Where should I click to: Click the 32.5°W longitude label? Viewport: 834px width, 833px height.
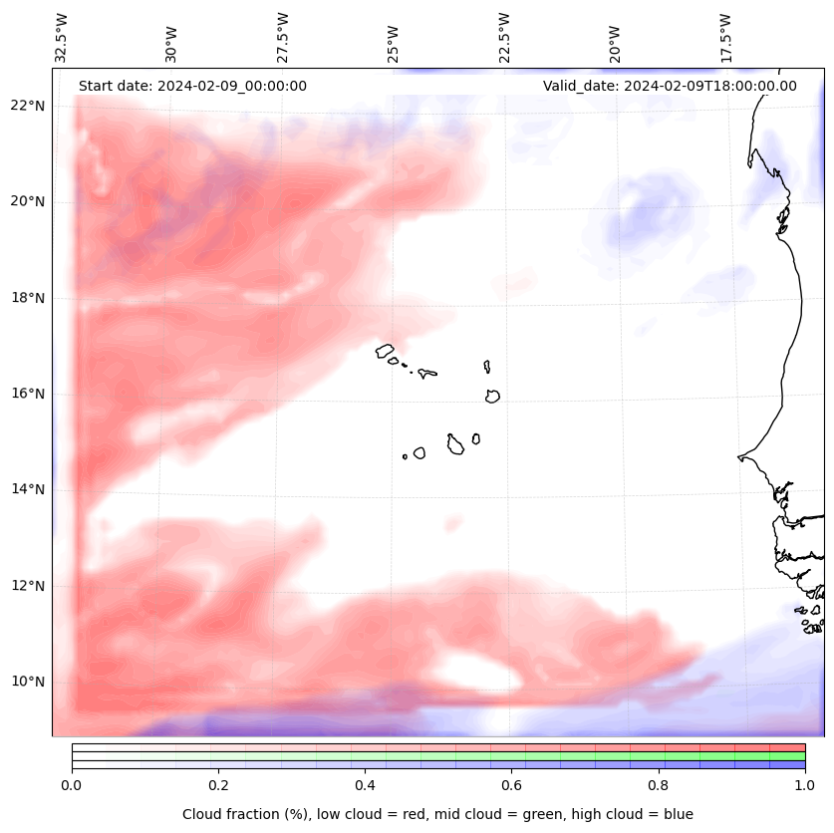pos(63,38)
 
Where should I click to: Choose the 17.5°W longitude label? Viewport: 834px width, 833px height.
pos(726,38)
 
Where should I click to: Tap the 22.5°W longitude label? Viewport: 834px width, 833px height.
pos(505,38)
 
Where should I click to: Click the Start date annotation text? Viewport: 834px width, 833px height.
pos(192,86)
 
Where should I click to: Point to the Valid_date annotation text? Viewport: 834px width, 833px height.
pos(670,86)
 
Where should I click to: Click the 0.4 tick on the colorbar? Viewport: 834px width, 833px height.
pos(365,786)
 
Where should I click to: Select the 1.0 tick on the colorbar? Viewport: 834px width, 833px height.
pos(805,786)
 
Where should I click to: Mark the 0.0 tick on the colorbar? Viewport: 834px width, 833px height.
pos(72,786)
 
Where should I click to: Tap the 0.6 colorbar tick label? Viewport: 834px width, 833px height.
pos(511,786)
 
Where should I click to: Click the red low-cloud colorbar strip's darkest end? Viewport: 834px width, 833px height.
pos(800,747)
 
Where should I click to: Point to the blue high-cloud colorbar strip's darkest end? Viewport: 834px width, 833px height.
pos(800,765)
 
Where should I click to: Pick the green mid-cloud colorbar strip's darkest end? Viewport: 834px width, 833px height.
pos(800,756)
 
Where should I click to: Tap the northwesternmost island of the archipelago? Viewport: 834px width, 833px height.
pos(385,351)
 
